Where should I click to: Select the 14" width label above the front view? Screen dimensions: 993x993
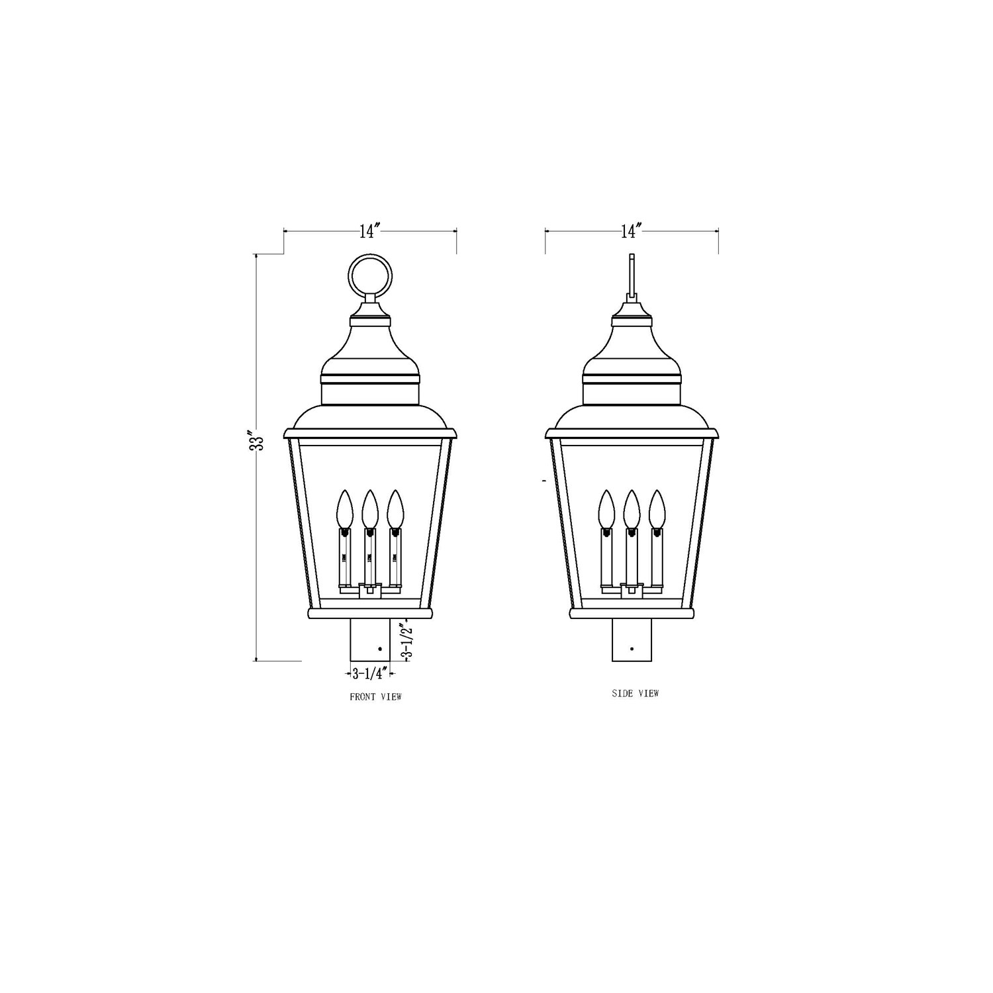370,231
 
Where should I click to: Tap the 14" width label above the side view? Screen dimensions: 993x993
632,231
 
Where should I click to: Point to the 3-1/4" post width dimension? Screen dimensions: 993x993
369,674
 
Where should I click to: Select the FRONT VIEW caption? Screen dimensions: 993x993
375,696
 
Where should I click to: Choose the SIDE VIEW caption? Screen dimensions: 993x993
636,693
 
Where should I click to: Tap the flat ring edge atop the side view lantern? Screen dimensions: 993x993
632,276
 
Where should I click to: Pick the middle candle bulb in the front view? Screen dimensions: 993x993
369,509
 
